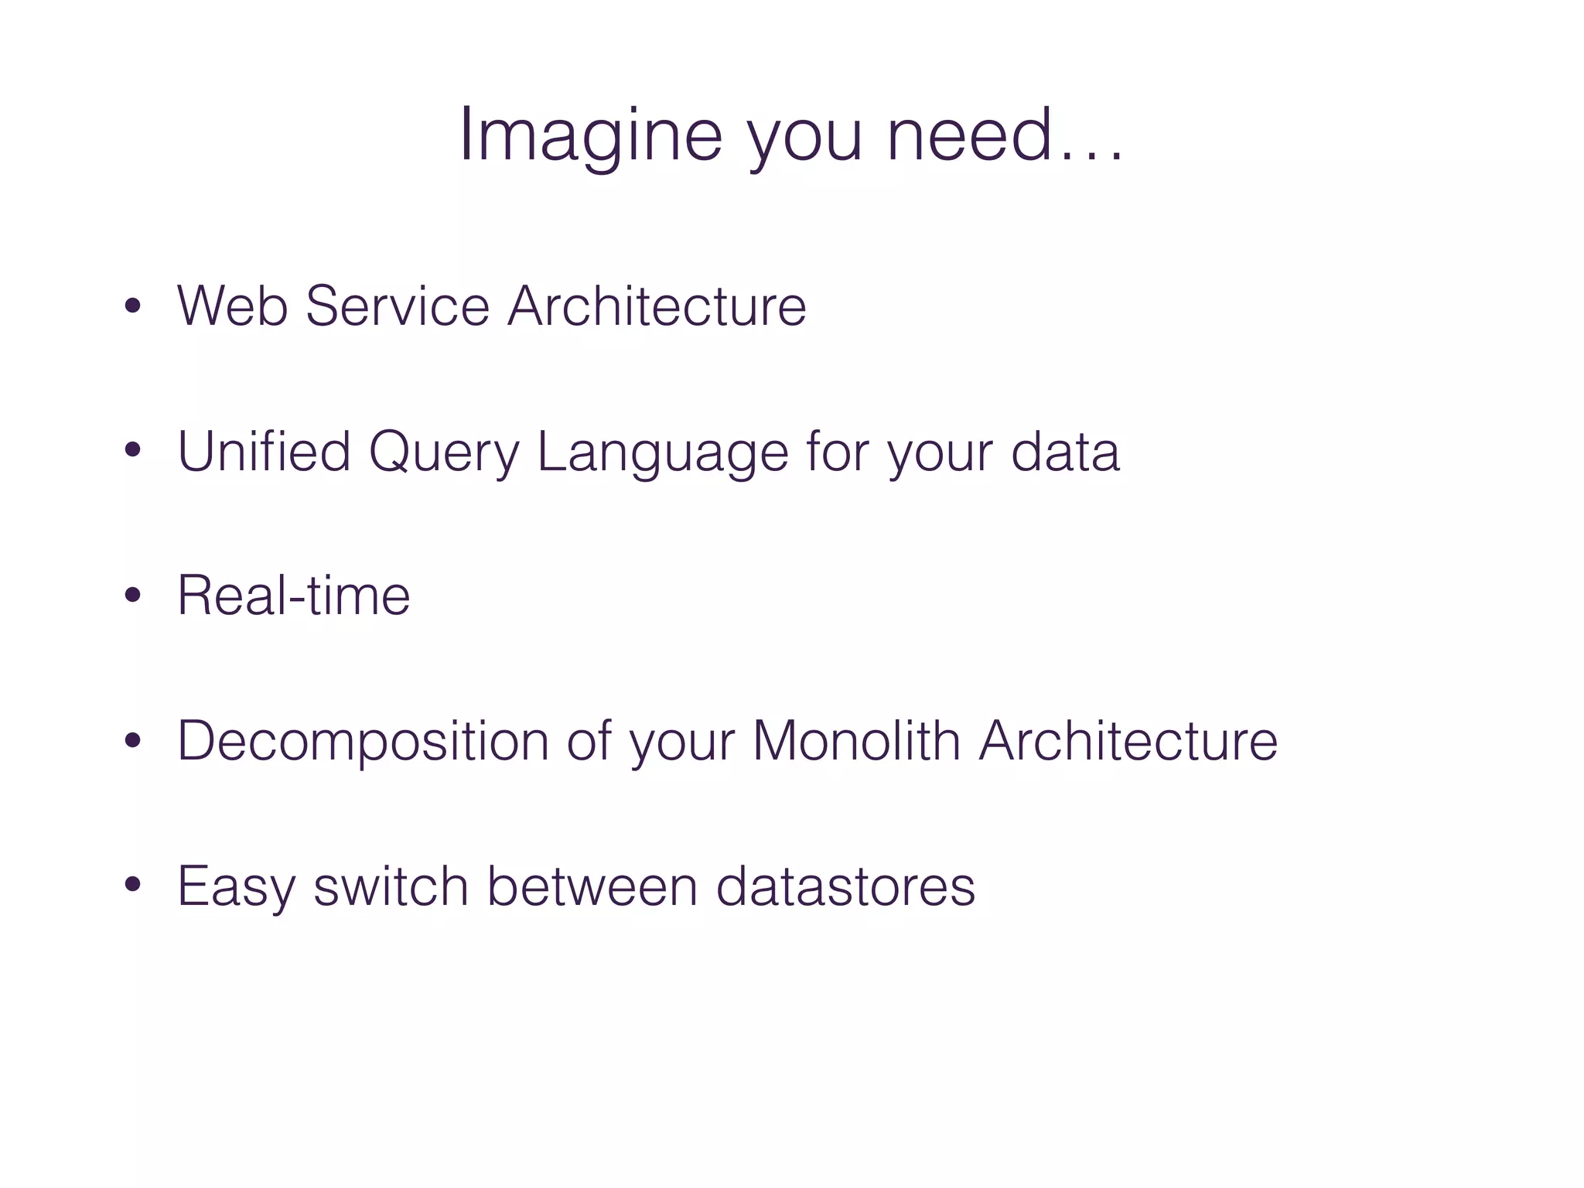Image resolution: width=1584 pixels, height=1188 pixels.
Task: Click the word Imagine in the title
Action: (590, 136)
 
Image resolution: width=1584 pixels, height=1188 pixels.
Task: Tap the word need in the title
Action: (970, 136)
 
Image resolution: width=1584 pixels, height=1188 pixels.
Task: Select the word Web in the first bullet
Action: (232, 306)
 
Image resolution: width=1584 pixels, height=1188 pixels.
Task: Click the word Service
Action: (398, 306)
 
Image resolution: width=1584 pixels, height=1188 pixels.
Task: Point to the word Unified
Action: (264, 452)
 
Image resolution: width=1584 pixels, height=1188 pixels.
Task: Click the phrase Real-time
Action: (294, 596)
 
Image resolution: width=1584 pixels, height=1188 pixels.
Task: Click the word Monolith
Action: (856, 741)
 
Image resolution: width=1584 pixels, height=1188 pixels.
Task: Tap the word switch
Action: (391, 886)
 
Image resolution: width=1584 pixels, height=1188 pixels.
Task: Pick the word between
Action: (592, 886)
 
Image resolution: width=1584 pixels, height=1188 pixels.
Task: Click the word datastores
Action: (845, 886)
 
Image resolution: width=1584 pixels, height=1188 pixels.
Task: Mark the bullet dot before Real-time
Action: (133, 596)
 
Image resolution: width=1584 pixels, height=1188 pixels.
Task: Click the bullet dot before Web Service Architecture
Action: (133, 306)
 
